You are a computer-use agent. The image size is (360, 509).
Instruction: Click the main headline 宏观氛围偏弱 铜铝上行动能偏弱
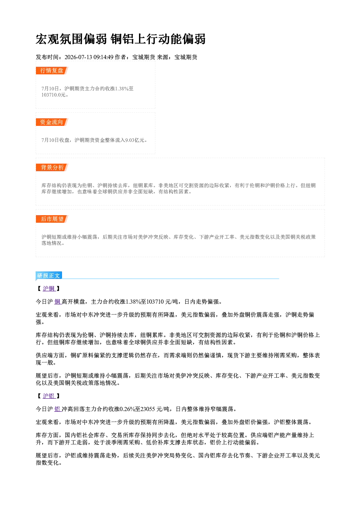click(120, 39)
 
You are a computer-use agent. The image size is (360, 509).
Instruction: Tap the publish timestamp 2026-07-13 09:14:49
click(89, 57)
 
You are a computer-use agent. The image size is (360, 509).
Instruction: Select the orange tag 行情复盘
click(52, 70)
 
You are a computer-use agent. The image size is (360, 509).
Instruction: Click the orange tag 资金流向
click(52, 122)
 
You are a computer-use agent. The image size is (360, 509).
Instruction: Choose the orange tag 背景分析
click(52, 167)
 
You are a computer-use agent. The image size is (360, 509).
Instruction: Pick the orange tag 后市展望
click(52, 219)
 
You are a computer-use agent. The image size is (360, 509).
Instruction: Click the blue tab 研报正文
click(49, 276)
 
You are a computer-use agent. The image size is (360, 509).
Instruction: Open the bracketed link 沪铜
click(49, 288)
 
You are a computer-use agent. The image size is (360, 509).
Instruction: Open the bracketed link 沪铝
click(49, 396)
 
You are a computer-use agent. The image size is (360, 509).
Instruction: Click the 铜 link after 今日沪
click(57, 301)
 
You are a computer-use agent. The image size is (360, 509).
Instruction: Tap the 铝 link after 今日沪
click(57, 409)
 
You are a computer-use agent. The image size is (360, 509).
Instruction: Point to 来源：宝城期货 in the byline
click(177, 57)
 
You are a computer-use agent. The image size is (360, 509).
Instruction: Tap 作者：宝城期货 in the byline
click(135, 57)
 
